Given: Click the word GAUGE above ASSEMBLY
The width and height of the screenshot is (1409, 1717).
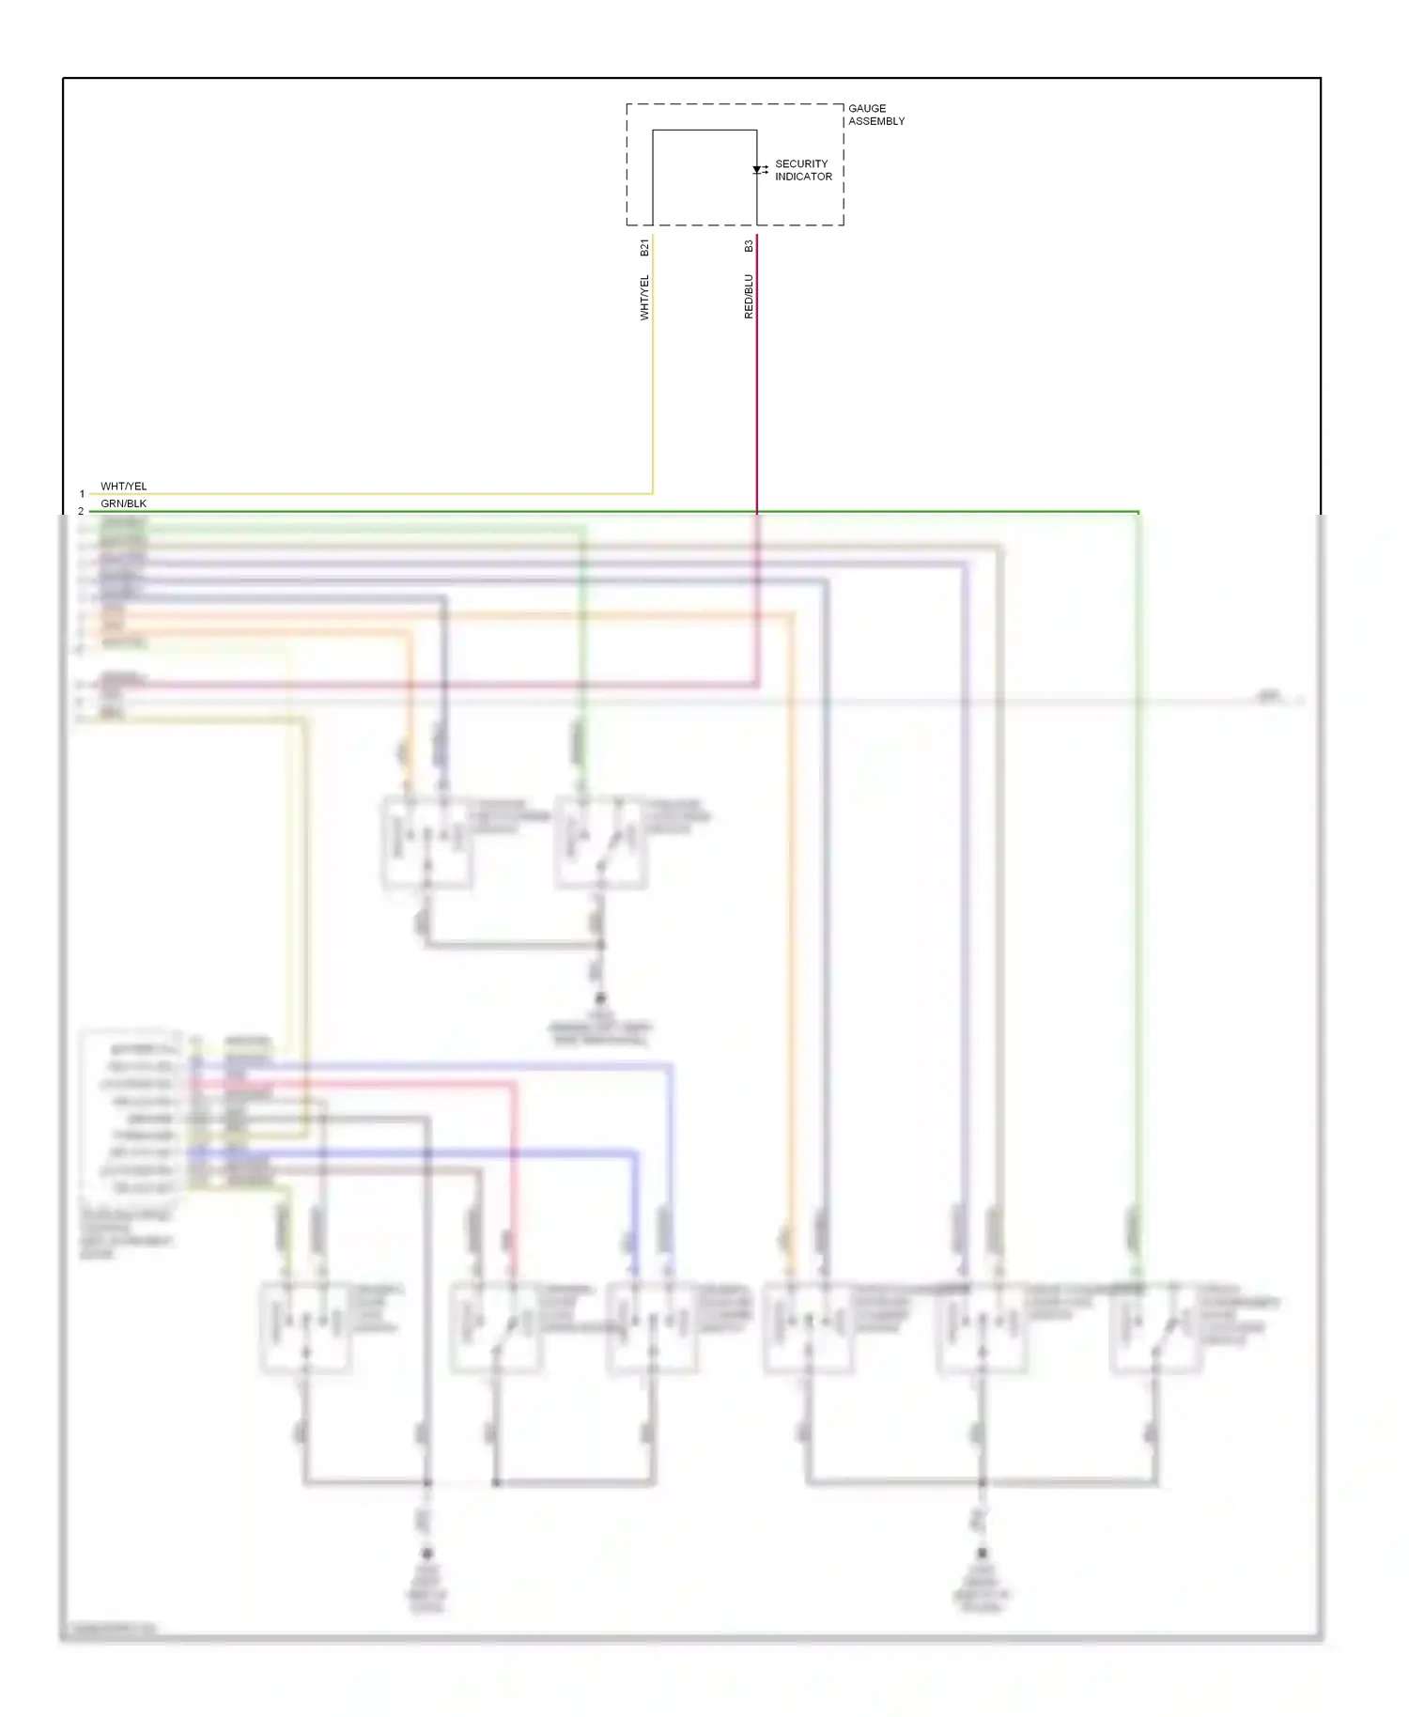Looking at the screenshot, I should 866,108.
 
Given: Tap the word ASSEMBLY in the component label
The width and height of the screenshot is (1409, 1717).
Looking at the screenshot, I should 876,121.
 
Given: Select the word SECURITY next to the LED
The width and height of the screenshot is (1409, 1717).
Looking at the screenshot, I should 801,163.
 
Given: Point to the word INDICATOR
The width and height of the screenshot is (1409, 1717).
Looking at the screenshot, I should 803,177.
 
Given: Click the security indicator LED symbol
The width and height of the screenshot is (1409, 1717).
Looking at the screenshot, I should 757,170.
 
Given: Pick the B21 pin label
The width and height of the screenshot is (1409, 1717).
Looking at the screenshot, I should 644,247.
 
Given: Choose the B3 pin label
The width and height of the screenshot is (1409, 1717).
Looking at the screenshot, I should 749,246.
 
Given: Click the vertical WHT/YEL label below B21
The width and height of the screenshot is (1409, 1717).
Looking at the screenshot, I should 644,297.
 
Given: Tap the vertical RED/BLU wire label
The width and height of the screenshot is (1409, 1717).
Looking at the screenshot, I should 749,296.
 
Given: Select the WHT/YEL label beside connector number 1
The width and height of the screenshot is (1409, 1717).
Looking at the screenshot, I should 124,487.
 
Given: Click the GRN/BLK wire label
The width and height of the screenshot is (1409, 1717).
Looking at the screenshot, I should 124,503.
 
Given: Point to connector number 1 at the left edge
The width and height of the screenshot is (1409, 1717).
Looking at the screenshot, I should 82,494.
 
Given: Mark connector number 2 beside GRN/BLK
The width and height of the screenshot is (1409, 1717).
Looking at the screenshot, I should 81,511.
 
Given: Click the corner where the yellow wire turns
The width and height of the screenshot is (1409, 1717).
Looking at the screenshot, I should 653,493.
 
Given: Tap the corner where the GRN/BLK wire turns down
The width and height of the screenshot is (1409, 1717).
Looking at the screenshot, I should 1138,512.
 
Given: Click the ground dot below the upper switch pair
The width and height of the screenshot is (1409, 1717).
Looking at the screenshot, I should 600,998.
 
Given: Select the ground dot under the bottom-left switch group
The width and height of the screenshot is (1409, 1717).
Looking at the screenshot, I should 427,1554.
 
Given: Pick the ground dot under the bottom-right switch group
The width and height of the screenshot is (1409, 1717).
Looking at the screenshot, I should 982,1554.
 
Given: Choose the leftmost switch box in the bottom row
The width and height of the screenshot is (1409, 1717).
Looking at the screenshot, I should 305,1328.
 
